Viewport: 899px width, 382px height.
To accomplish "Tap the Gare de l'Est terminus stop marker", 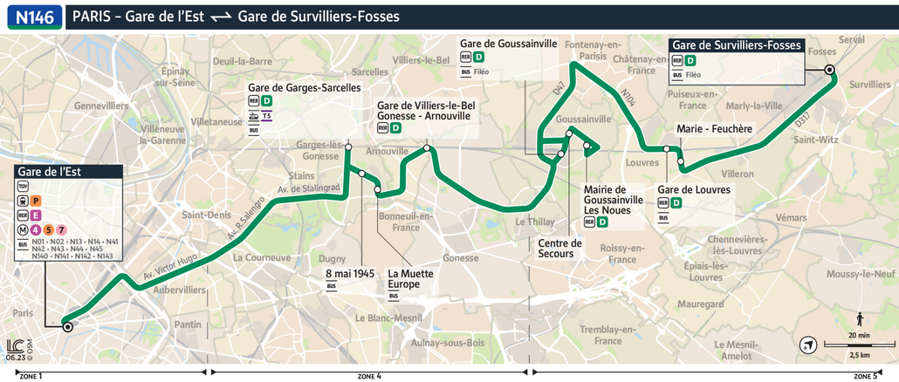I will click(67, 327).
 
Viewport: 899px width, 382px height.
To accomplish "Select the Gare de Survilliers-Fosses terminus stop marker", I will click(829, 69).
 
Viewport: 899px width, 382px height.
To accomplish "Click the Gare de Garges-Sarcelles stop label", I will click(304, 88).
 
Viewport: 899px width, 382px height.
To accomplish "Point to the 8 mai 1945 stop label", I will click(348, 273).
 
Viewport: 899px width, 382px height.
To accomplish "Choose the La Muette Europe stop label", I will click(409, 278).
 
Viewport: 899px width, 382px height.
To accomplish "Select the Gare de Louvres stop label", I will click(694, 190).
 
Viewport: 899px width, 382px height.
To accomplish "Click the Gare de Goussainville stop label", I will click(508, 44).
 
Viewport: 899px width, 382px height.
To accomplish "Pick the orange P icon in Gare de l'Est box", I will click(37, 201).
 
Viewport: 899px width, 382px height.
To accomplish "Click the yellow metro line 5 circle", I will click(48, 229).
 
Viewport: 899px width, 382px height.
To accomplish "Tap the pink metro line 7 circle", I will click(61, 229).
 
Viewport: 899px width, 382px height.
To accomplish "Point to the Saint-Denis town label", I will click(205, 215).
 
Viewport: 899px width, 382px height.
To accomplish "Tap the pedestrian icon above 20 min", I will click(860, 318).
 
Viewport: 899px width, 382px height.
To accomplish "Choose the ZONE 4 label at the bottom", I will click(369, 376).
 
